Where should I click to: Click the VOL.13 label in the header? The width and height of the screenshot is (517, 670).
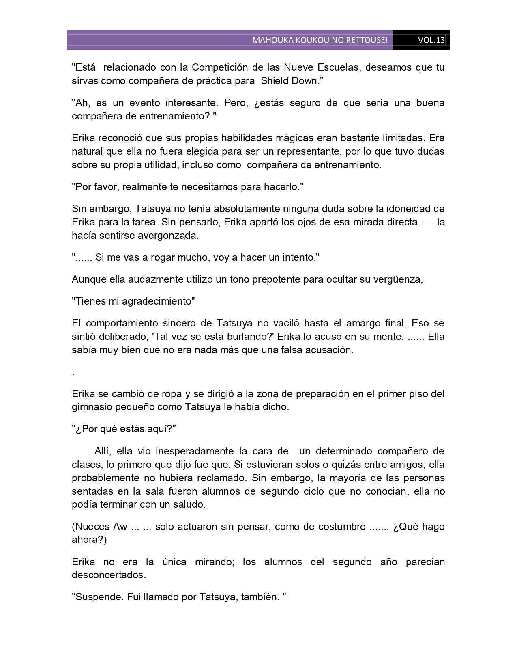pyautogui.click(x=431, y=40)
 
